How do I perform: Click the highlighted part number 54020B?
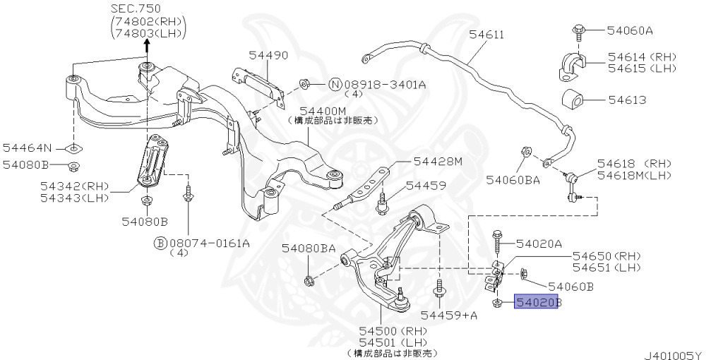[537, 301]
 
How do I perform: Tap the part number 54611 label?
[486, 35]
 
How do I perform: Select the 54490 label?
[268, 55]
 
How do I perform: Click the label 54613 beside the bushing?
[627, 100]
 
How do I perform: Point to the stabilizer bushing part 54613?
[573, 100]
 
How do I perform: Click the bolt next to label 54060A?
[578, 33]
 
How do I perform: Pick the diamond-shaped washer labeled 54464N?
[73, 148]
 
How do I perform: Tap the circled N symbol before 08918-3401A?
[335, 85]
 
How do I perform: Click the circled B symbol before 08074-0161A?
[160, 243]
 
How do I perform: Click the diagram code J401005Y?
[673, 355]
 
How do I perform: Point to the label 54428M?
[438, 161]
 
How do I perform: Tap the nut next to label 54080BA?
[309, 280]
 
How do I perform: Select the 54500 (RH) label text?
[395, 331]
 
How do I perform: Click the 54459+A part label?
[449, 316]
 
